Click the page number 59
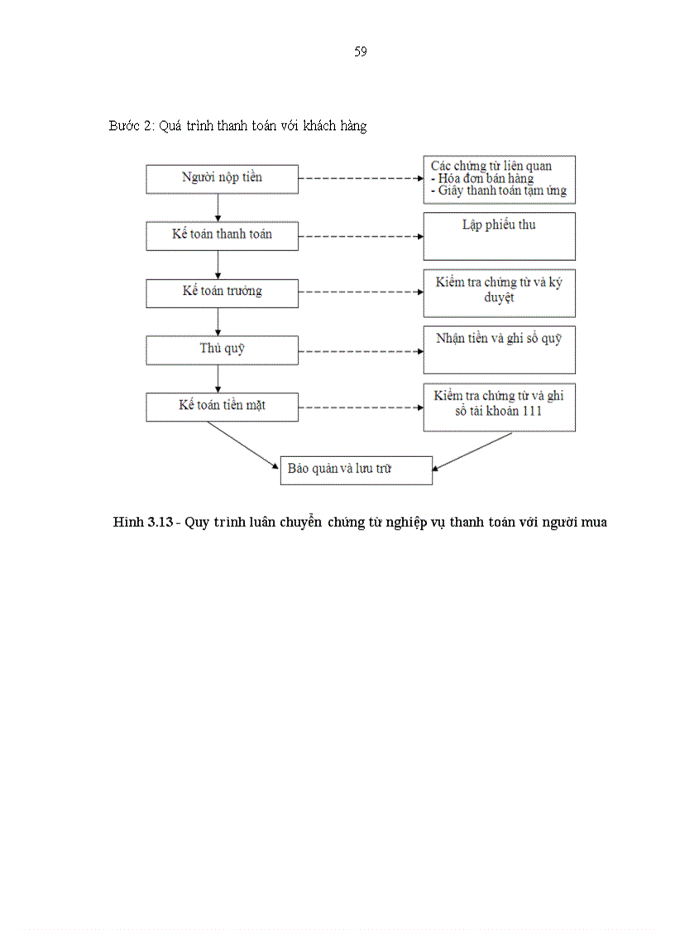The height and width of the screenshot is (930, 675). tap(361, 52)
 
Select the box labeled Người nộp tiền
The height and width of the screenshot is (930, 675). tap(222, 178)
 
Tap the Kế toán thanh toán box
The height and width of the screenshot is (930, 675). tap(222, 234)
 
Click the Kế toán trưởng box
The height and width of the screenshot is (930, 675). tap(222, 292)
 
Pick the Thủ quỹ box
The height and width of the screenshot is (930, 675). tap(222, 349)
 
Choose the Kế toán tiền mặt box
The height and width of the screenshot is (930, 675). tap(222, 406)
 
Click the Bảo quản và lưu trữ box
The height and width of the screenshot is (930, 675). tap(356, 470)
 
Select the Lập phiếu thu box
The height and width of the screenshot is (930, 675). tap(499, 235)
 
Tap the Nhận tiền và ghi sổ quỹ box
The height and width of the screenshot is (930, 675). tap(499, 349)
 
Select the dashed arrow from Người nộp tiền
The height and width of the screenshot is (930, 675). tap(360, 178)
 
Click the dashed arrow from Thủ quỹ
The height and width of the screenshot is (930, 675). tap(360, 350)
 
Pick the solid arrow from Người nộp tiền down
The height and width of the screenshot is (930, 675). tap(218, 207)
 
